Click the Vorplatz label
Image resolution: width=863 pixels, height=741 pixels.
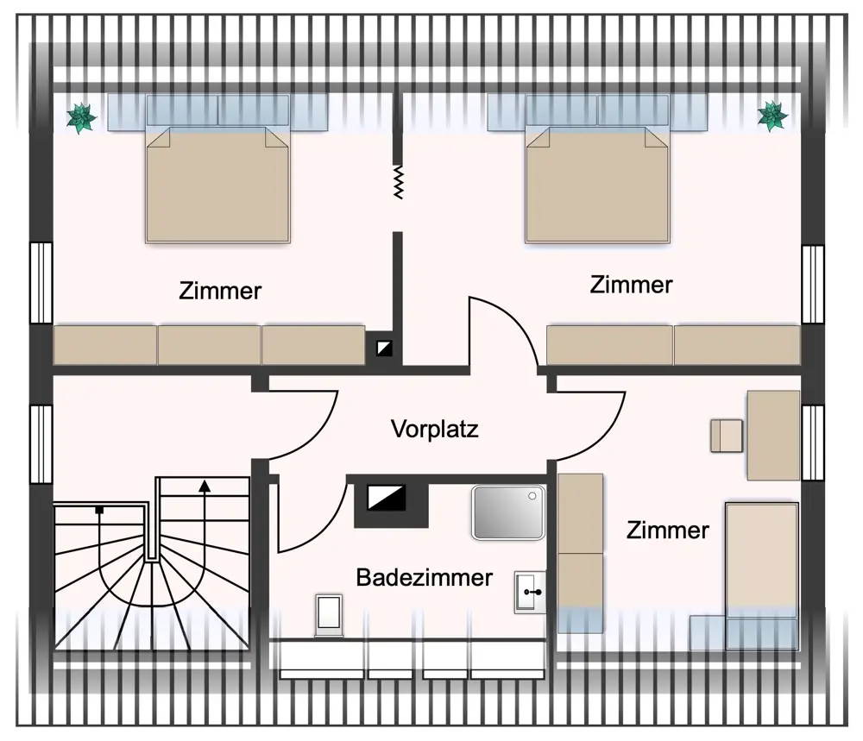(434, 429)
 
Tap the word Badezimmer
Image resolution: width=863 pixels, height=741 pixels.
(424, 577)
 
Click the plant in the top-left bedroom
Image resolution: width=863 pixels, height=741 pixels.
(81, 117)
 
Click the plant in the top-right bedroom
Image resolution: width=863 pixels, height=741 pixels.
(772, 116)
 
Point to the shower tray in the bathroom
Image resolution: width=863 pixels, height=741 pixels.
(508, 512)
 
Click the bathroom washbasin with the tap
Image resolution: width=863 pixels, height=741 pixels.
(530, 592)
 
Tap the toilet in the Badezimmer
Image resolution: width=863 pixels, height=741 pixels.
(329, 614)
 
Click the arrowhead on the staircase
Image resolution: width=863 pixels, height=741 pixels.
(205, 485)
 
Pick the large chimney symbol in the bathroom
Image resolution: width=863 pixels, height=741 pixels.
(387, 497)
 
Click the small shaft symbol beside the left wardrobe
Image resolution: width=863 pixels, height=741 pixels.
(384, 349)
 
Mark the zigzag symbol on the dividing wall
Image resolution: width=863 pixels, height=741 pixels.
(398, 182)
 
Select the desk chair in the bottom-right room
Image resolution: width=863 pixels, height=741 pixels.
(727, 436)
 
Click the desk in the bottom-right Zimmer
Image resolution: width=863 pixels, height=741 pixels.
(772, 435)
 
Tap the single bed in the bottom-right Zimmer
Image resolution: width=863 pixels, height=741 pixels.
(762, 576)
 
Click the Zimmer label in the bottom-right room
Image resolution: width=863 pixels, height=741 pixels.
(668, 531)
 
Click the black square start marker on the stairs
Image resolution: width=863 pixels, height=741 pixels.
(99, 510)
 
